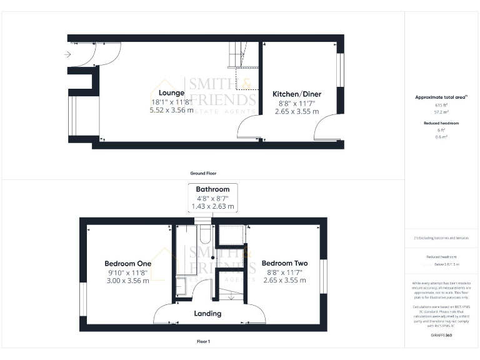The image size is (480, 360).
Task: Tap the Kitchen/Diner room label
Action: click(x=297, y=94)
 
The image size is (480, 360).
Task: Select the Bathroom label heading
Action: click(x=212, y=189)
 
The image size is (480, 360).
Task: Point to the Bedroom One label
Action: click(x=127, y=264)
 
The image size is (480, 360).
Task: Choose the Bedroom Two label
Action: click(x=284, y=264)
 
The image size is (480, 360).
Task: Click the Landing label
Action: click(x=207, y=313)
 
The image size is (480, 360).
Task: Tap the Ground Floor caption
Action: click(x=203, y=173)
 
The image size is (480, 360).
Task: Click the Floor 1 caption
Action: click(x=203, y=342)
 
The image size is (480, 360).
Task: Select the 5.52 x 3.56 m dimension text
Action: click(x=171, y=111)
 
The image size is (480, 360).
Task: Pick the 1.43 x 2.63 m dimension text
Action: click(x=212, y=206)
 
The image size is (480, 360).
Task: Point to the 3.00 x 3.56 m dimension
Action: click(x=127, y=281)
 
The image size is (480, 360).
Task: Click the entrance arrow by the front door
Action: click(x=67, y=54)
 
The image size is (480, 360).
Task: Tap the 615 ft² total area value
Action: click(x=442, y=105)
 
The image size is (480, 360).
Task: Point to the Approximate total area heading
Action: click(x=441, y=97)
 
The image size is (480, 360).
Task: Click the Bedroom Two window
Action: click(x=324, y=276)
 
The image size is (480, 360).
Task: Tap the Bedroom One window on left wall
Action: click(x=82, y=303)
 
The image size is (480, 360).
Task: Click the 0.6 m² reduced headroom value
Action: click(x=442, y=137)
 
